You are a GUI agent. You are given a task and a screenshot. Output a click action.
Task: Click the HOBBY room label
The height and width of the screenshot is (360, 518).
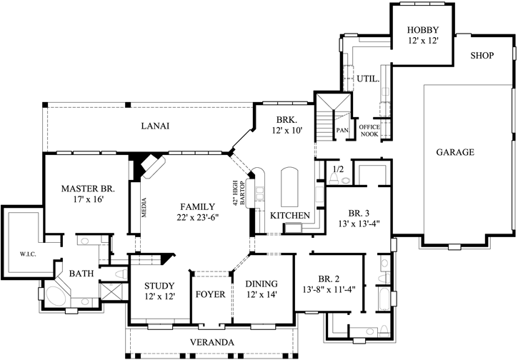pos(422,30)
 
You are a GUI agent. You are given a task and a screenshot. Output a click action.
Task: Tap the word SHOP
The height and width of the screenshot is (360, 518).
pos(484,56)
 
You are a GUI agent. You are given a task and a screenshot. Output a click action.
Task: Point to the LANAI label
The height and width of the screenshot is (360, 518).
pos(154,126)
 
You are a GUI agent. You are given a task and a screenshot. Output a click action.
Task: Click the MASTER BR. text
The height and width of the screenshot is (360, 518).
pos(83,189)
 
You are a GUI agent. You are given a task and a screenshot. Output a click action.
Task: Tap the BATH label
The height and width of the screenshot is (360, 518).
pos(81,273)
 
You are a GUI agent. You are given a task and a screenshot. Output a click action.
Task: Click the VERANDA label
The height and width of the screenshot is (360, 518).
pos(212,342)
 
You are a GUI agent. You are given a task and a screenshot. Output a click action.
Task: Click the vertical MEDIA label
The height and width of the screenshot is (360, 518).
pos(144,208)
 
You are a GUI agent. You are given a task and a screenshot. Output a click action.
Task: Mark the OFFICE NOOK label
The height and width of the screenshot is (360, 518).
pos(369,129)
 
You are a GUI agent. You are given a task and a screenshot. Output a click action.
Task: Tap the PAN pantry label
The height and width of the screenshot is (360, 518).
pos(342,130)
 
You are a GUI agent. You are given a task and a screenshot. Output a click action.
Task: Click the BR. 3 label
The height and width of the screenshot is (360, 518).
pos(359,212)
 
